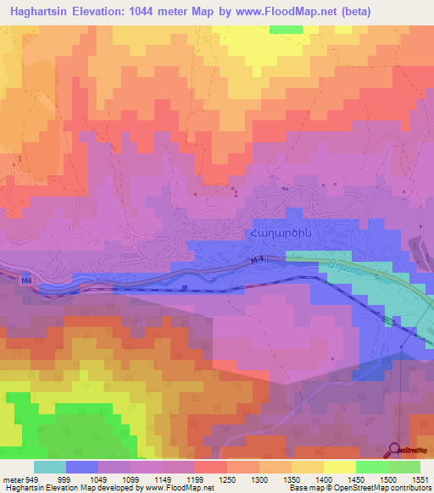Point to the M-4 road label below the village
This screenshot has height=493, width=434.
coord(260,262)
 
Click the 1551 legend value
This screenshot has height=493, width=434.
coord(420,479)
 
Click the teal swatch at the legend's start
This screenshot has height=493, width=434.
coord(50,467)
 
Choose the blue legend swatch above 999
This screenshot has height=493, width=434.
coord(82,467)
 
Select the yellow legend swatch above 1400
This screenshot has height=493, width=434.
coord(339,467)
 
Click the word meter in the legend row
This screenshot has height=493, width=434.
coord(14,479)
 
